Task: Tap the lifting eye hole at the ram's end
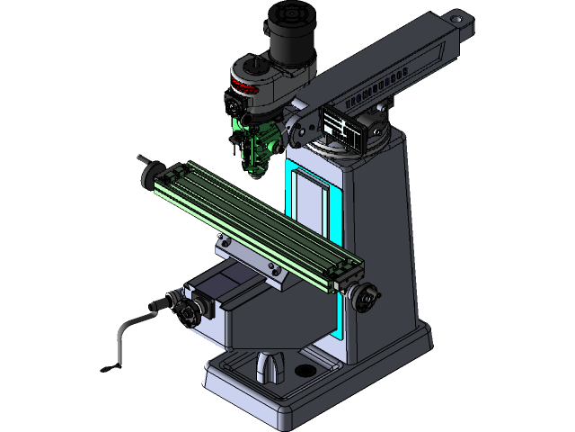[x=459, y=17]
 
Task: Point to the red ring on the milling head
[x=243, y=87]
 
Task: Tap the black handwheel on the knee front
[x=187, y=313]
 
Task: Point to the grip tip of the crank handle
[x=109, y=367]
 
